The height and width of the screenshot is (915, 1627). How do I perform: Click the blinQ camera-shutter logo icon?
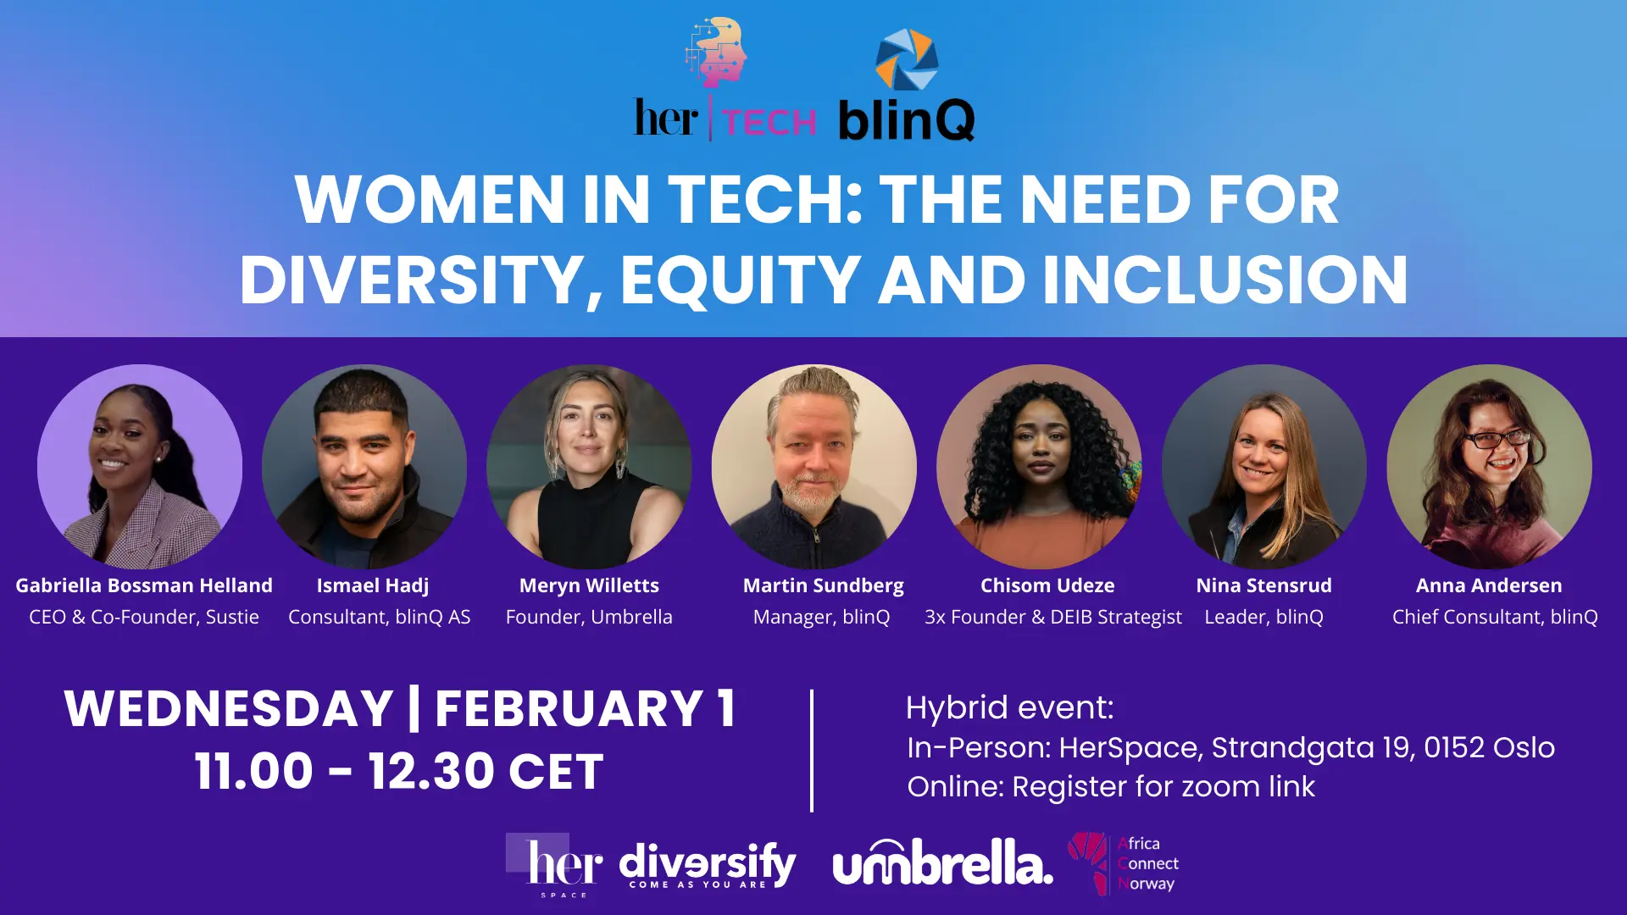(x=907, y=59)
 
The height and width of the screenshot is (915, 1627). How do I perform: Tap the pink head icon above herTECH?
(x=717, y=52)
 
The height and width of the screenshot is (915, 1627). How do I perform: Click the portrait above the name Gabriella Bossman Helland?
(x=140, y=467)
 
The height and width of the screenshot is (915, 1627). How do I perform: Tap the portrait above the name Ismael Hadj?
(x=364, y=467)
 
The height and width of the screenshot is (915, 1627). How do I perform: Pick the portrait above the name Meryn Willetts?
(x=589, y=467)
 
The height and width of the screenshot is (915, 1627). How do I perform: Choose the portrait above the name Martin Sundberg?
(x=814, y=467)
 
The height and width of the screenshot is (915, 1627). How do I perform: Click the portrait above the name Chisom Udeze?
(x=1039, y=467)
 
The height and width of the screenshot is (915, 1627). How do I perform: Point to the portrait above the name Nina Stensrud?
(x=1264, y=467)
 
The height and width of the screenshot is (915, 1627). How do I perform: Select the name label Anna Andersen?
(x=1489, y=585)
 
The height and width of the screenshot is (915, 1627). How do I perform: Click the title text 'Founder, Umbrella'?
(x=589, y=618)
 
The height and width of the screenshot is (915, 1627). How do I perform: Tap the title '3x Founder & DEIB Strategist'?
(x=1053, y=618)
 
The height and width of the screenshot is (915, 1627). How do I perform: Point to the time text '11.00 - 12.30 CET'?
(x=399, y=771)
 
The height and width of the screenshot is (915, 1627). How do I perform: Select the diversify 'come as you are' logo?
(x=708, y=865)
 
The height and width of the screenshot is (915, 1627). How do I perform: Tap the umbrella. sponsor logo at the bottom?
(x=943, y=862)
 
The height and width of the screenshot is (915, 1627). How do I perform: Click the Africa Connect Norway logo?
(x=1124, y=863)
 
